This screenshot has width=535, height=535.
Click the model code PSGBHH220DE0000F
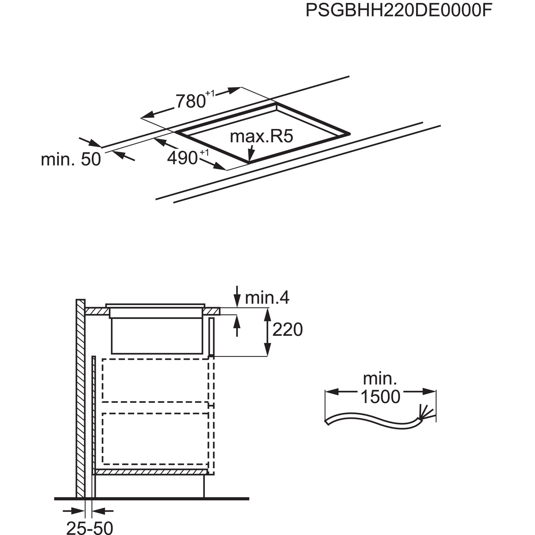click(399, 10)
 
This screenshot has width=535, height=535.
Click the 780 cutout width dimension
click(191, 101)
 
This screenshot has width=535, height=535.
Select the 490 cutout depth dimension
click(182, 158)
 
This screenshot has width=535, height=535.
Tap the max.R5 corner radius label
click(261, 136)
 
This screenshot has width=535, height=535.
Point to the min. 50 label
click(71, 159)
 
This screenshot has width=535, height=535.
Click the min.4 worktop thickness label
click(267, 298)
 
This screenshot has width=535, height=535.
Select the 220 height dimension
click(288, 330)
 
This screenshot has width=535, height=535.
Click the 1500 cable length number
click(380, 397)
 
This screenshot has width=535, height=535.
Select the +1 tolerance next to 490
click(204, 152)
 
